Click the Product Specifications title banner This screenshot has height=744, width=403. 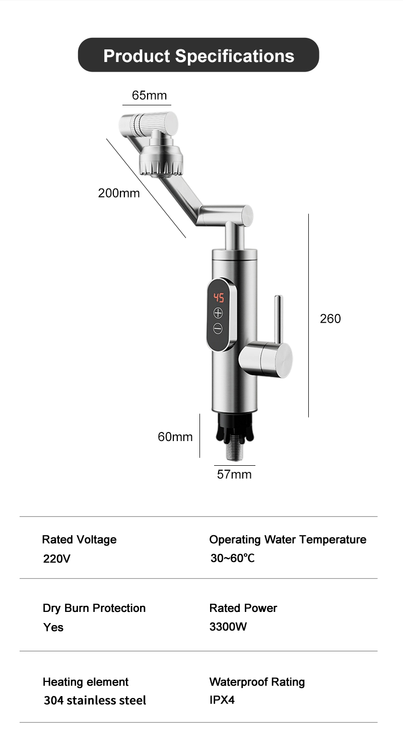pyautogui.click(x=198, y=55)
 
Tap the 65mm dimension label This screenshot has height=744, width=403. pyautogui.click(x=149, y=95)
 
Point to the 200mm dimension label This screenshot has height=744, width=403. pyautogui.click(x=119, y=193)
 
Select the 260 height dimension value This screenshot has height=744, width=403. pyautogui.click(x=330, y=319)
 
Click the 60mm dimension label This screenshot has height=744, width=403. pyautogui.click(x=175, y=437)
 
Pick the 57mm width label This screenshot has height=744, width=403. pyautogui.click(x=234, y=474)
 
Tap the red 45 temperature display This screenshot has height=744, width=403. pyautogui.click(x=219, y=297)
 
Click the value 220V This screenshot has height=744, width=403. pyautogui.click(x=57, y=559)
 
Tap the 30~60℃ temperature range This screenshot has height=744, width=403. pyautogui.click(x=232, y=559)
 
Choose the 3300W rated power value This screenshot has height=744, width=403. pyautogui.click(x=228, y=627)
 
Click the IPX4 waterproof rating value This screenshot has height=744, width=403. pyautogui.click(x=222, y=700)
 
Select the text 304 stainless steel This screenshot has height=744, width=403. pyautogui.click(x=95, y=700)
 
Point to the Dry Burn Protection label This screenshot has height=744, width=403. pyautogui.click(x=94, y=608)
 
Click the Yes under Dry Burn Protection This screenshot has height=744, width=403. pyautogui.click(x=53, y=627)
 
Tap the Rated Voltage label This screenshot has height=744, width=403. pyautogui.click(x=79, y=539)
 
